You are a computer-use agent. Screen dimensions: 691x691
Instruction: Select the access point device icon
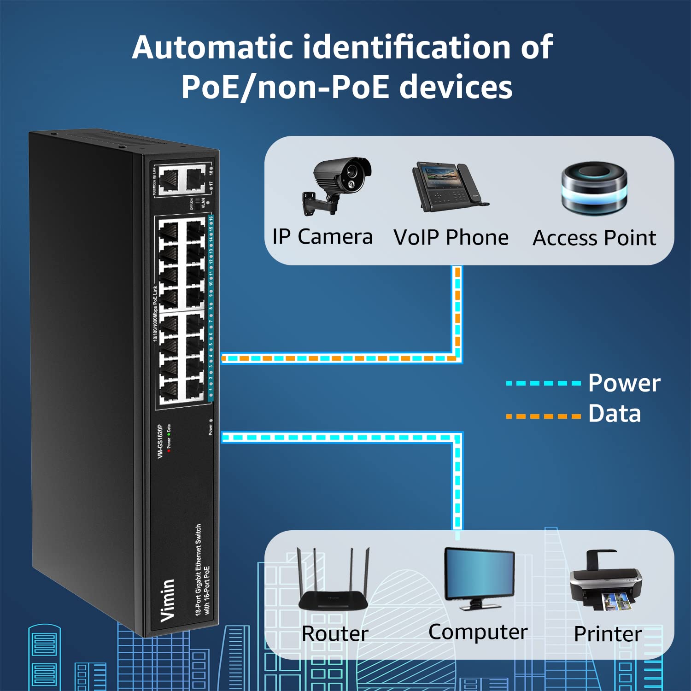tap(594, 187)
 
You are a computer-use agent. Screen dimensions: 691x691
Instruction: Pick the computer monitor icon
tap(479, 578)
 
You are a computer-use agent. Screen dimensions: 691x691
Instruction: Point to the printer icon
tap(606, 581)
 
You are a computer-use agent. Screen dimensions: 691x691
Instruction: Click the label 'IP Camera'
tap(322, 237)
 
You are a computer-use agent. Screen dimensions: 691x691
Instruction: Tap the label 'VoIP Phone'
tap(451, 238)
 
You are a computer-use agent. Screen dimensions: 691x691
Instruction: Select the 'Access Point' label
tap(594, 238)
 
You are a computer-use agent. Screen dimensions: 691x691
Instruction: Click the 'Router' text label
tap(335, 633)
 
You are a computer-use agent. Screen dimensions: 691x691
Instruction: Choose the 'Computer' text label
tap(478, 632)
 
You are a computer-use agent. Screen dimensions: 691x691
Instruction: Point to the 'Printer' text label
tap(608, 634)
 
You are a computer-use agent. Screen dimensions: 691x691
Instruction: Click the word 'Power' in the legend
tap(624, 383)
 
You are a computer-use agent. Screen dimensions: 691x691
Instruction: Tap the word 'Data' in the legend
tap(615, 414)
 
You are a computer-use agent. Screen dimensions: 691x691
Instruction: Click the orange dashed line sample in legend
tap(544, 416)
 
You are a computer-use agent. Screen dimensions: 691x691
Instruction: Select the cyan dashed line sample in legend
tap(544, 383)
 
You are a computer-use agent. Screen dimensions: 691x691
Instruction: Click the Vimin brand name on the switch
tap(168, 600)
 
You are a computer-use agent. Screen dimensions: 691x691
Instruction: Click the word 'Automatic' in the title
tap(213, 47)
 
